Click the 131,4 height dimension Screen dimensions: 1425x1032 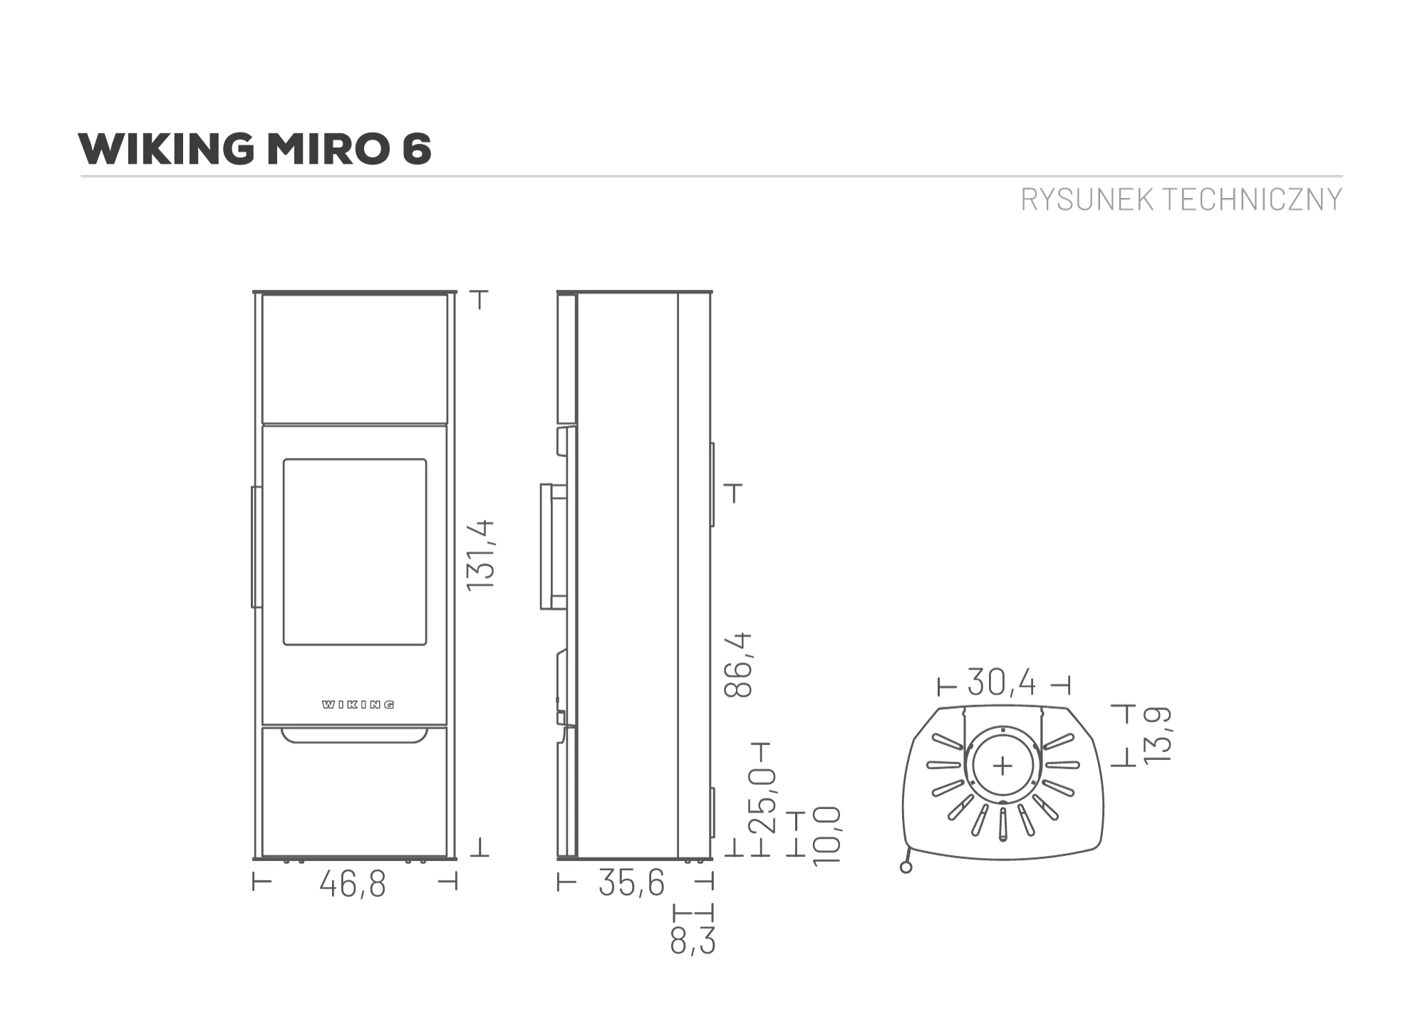point(480,554)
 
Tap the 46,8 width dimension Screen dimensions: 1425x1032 point(353,885)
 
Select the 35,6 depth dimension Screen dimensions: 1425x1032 point(631,883)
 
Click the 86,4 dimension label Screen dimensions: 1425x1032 point(738,664)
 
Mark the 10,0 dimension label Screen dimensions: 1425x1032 point(827,835)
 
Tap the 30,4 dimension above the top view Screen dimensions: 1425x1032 point(1002,683)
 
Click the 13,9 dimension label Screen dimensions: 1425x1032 point(1158,735)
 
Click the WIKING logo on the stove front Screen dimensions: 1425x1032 point(358,704)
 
